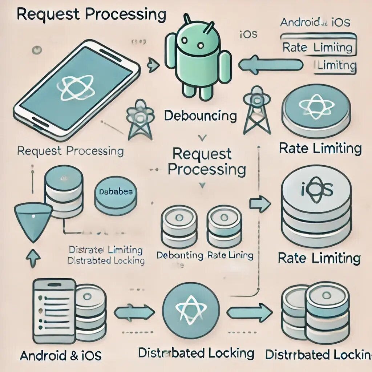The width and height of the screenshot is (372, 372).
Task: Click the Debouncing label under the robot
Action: point(200,116)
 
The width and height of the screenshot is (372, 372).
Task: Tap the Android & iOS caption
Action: point(61,355)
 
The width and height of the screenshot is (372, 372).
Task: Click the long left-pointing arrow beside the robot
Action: point(270,65)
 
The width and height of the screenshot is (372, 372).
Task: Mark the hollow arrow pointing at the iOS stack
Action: point(260,205)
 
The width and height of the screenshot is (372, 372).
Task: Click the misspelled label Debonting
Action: point(180,255)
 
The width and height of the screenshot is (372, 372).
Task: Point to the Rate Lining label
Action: point(230,255)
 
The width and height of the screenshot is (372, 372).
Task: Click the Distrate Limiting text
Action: point(105,250)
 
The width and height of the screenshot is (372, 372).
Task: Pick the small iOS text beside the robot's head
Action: point(249,35)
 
